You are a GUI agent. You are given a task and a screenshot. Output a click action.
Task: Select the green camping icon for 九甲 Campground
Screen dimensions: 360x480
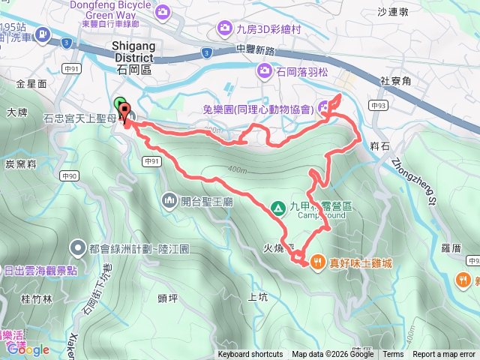point(277,207)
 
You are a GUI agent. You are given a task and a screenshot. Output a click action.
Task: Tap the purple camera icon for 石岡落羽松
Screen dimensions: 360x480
point(264,71)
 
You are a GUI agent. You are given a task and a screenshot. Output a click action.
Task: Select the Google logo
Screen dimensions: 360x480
point(28,349)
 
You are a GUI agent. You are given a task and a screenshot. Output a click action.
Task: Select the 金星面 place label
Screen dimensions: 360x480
point(31,84)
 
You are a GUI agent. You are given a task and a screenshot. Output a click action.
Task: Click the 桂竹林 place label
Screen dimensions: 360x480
point(37,298)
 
